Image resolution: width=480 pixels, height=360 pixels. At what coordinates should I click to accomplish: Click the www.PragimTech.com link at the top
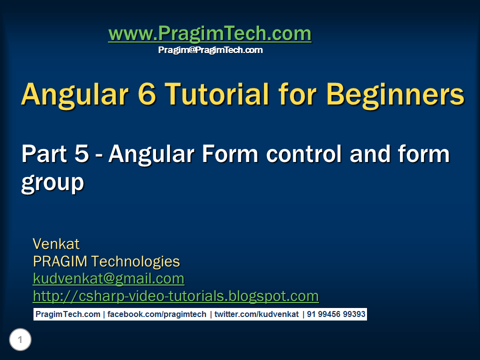(x=209, y=34)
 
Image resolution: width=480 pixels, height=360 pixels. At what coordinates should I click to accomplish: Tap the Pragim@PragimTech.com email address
(x=210, y=50)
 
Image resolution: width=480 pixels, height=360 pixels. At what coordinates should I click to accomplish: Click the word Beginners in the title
(x=395, y=93)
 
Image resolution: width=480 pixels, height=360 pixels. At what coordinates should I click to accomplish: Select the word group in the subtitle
(x=52, y=182)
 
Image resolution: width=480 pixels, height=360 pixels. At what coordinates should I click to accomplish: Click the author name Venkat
(x=56, y=244)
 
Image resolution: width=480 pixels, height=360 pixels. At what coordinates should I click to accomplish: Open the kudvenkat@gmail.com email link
(x=108, y=278)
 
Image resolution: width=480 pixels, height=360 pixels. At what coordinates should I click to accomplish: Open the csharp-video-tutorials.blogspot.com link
(x=175, y=296)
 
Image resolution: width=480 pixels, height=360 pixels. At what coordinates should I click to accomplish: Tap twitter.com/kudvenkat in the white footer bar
(x=256, y=314)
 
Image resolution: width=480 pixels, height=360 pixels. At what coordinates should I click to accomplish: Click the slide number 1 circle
(x=20, y=340)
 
